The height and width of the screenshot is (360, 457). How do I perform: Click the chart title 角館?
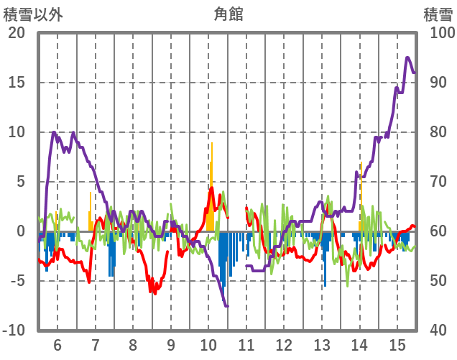[x=228, y=14]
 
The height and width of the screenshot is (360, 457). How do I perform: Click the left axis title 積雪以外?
[x=33, y=14]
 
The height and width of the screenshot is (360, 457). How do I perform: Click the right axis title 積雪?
[x=437, y=14]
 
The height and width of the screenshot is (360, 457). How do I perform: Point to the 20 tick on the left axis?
[x=17, y=33]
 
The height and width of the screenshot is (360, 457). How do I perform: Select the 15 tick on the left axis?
[x=17, y=83]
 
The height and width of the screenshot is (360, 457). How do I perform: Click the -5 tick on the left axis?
[x=17, y=281]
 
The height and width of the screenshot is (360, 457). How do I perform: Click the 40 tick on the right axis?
[x=439, y=331]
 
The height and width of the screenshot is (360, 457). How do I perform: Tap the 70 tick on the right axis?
[x=439, y=182]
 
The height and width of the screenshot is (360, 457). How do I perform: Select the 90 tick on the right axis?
[x=439, y=83]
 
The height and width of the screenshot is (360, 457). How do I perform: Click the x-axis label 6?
[x=57, y=344]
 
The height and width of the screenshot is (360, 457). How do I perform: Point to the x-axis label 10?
[x=208, y=344]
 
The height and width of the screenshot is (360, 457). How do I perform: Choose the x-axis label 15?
[x=397, y=344]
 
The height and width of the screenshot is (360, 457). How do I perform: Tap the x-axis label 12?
[x=284, y=344]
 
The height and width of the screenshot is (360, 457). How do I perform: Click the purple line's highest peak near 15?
[x=408, y=57]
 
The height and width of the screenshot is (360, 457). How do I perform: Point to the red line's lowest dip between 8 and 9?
[x=154, y=293]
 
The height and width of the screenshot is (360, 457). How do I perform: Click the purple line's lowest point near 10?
[x=226, y=306]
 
